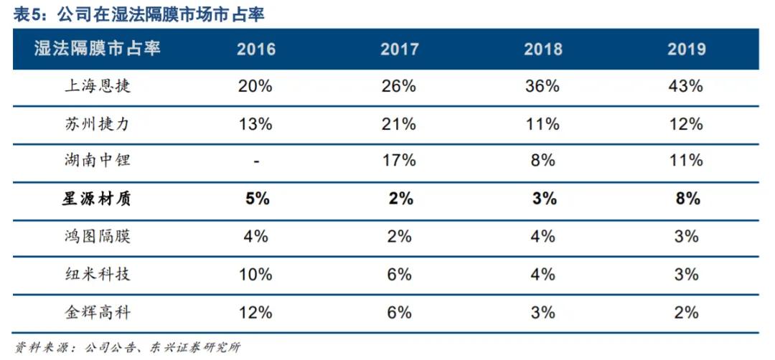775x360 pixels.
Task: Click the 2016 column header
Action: pyautogui.click(x=255, y=49)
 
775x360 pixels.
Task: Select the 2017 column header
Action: pyautogui.click(x=399, y=49)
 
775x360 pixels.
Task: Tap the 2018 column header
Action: pyautogui.click(x=542, y=49)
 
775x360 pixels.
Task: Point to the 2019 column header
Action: pyautogui.click(x=686, y=49)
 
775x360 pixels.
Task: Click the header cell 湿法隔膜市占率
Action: pyautogui.click(x=98, y=49)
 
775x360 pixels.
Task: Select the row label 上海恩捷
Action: pyautogui.click(x=98, y=87)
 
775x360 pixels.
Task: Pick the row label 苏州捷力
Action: pyautogui.click(x=98, y=124)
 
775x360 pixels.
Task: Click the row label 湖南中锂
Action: pyautogui.click(x=98, y=161)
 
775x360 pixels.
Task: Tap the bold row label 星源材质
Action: pyautogui.click(x=98, y=199)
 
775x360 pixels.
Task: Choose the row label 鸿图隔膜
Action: pyautogui.click(x=98, y=236)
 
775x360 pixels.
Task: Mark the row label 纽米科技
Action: pyautogui.click(x=98, y=274)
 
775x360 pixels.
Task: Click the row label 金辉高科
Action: pyautogui.click(x=98, y=312)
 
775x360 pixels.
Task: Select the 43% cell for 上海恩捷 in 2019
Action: pyautogui.click(x=686, y=87)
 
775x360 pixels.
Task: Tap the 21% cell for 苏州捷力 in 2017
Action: pyautogui.click(x=399, y=124)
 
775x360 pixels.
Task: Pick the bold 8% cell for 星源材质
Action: pyautogui.click(x=686, y=199)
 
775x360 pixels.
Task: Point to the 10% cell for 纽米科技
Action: pyautogui.click(x=255, y=274)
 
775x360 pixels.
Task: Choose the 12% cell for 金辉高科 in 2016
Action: pyautogui.click(x=255, y=312)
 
